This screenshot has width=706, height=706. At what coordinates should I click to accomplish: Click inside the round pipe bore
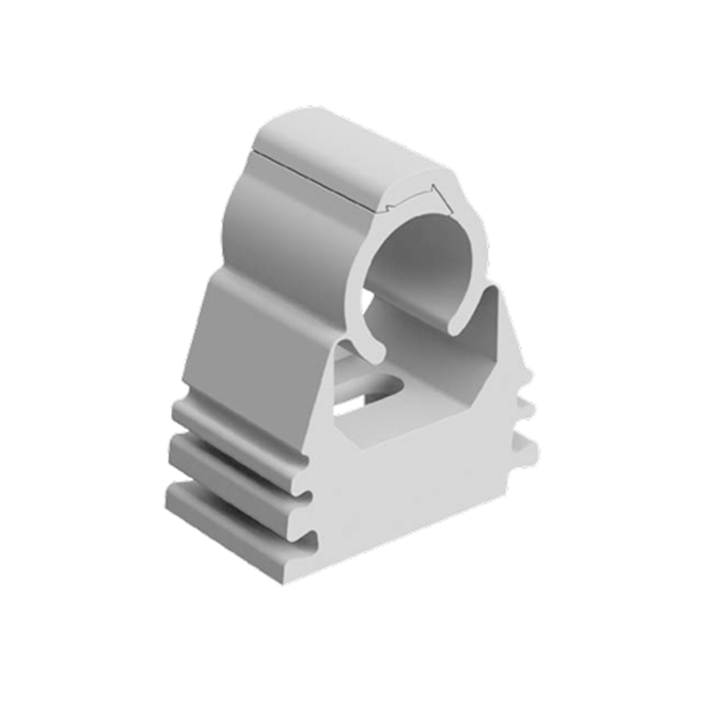click(424, 265)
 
